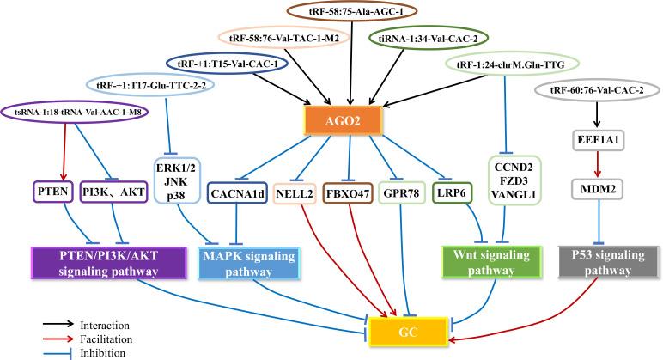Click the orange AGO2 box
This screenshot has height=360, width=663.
[343, 121]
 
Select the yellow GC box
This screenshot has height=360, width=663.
[409, 332]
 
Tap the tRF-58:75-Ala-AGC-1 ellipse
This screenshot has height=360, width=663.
[350, 12]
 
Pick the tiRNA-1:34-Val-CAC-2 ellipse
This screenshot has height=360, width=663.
[429, 39]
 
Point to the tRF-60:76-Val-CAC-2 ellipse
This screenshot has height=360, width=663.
[597, 90]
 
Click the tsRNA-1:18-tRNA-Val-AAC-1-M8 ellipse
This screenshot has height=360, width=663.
[76, 112]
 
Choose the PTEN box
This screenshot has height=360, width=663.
[53, 192]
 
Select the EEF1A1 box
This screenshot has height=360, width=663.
[598, 140]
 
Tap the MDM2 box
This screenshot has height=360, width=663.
[598, 189]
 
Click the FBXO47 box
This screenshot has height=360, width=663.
[348, 194]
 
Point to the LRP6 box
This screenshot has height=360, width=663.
[452, 193]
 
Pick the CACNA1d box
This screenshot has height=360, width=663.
[237, 194]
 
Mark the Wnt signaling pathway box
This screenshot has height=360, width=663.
[491, 262]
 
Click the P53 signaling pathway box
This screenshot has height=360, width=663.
[608, 262]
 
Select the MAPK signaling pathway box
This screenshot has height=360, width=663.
[249, 263]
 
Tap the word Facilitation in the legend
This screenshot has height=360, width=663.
[106, 339]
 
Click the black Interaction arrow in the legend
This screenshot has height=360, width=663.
[58, 325]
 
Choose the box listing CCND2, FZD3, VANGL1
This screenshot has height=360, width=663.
[514, 180]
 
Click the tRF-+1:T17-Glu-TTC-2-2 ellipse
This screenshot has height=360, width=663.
[150, 85]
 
